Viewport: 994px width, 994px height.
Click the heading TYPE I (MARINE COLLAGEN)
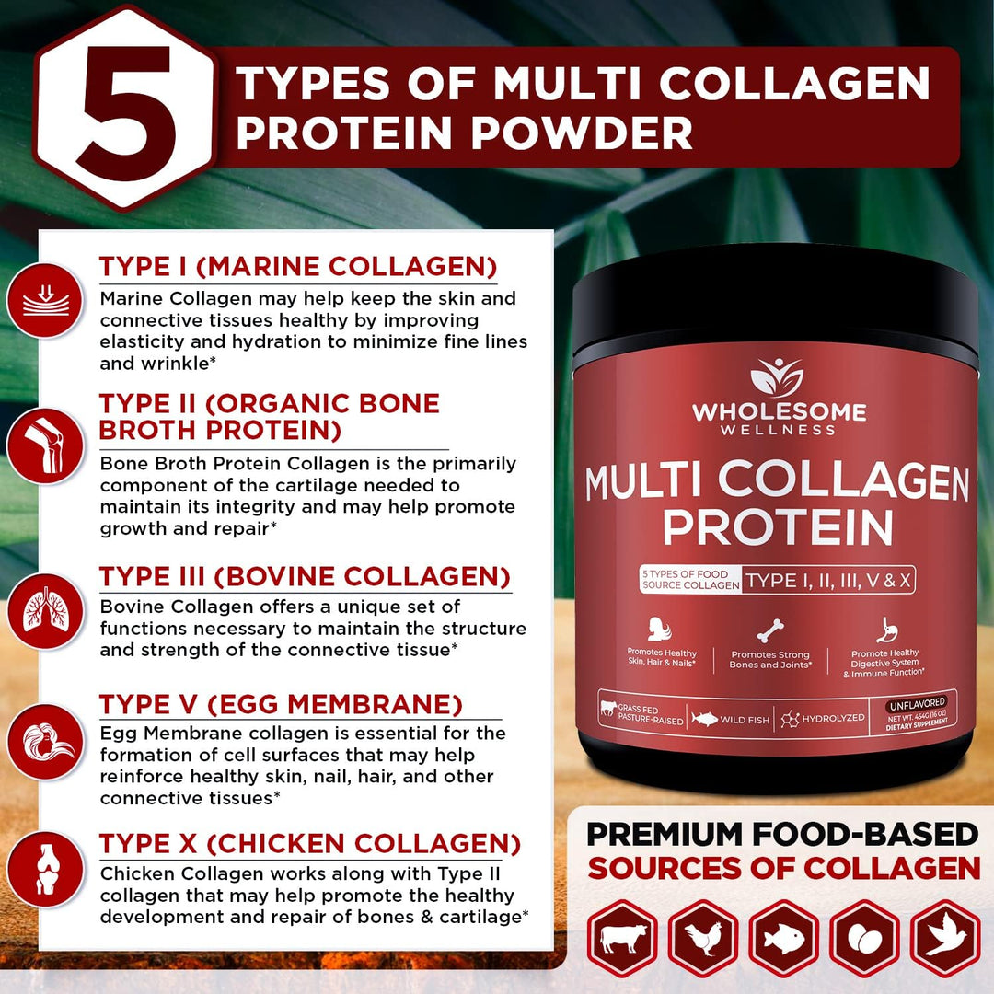pyautogui.click(x=298, y=267)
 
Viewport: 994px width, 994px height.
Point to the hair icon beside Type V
pyautogui.click(x=44, y=742)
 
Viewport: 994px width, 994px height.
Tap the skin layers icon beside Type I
pyautogui.click(x=44, y=299)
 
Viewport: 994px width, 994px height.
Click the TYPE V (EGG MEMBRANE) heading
pyautogui.click(x=281, y=705)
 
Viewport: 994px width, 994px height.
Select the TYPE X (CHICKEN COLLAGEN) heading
pyautogui.click(x=309, y=843)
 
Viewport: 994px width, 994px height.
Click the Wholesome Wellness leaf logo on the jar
pyautogui.click(x=778, y=377)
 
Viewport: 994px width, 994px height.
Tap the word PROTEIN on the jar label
pyautogui.click(x=778, y=526)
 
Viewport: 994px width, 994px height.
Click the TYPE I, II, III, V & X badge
pyautogui.click(x=828, y=581)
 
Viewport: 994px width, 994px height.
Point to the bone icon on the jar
pyautogui.click(x=769, y=631)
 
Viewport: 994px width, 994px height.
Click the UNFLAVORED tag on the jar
pyautogui.click(x=916, y=702)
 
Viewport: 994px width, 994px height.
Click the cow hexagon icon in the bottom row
pyautogui.click(x=623, y=939)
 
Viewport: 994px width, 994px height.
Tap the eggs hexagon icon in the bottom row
pyautogui.click(x=864, y=939)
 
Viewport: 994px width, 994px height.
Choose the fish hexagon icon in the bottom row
pyautogui.click(x=783, y=939)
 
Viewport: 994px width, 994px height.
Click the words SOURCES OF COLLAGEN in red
pyautogui.click(x=784, y=868)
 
